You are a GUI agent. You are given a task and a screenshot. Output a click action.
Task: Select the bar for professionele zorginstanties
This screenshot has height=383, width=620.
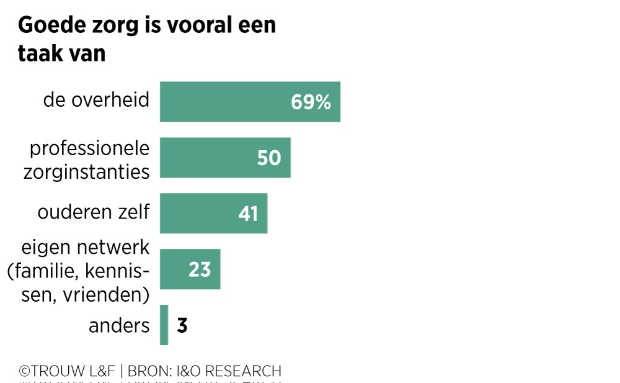pyautogui.click(x=211, y=158)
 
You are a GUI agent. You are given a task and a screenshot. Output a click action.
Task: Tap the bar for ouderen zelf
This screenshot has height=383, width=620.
pyautogui.click(x=198, y=213)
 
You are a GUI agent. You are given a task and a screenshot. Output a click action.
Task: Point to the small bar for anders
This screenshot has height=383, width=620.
pyautogui.click(x=164, y=325)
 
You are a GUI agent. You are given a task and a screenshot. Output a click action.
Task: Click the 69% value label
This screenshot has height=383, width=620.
pyautogui.click(x=311, y=102)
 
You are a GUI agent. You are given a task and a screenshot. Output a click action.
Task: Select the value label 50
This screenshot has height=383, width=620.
pyautogui.click(x=269, y=158)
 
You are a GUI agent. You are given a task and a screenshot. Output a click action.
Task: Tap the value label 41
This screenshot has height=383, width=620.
pyautogui.click(x=248, y=214)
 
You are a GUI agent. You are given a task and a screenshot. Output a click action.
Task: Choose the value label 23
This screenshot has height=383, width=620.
pyautogui.click(x=200, y=269)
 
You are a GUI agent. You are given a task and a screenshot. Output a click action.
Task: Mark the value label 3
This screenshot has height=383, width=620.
pyautogui.click(x=182, y=326)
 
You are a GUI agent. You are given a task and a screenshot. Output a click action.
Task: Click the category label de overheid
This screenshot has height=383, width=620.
pyautogui.click(x=97, y=99)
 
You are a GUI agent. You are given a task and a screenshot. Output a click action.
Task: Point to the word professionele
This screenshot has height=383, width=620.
pyautogui.click(x=90, y=149)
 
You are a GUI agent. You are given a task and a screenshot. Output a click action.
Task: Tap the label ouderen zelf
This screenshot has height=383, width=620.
pyautogui.click(x=94, y=212)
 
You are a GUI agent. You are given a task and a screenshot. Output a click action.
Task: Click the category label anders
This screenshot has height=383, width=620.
pyautogui.click(x=119, y=326)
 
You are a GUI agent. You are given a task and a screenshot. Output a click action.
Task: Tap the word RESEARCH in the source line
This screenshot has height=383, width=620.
pyautogui.click(x=243, y=371)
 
